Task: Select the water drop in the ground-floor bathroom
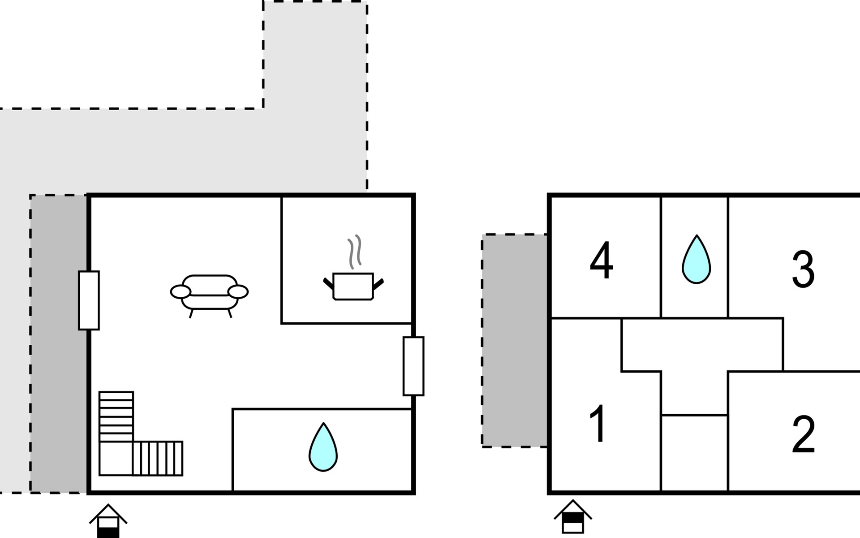(323, 447)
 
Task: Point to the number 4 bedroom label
(601, 260)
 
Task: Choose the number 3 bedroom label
(803, 269)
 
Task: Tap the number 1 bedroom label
(598, 423)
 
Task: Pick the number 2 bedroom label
(803, 434)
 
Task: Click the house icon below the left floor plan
(108, 521)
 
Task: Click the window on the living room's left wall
(89, 300)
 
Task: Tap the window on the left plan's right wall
(413, 366)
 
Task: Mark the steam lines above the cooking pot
(355, 252)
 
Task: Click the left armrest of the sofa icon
(181, 291)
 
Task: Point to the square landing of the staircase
(116, 458)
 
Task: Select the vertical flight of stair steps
(116, 417)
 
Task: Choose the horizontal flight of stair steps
(158, 458)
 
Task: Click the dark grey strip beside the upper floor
(514, 341)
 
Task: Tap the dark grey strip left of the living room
(59, 344)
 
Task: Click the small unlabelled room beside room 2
(694, 453)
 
